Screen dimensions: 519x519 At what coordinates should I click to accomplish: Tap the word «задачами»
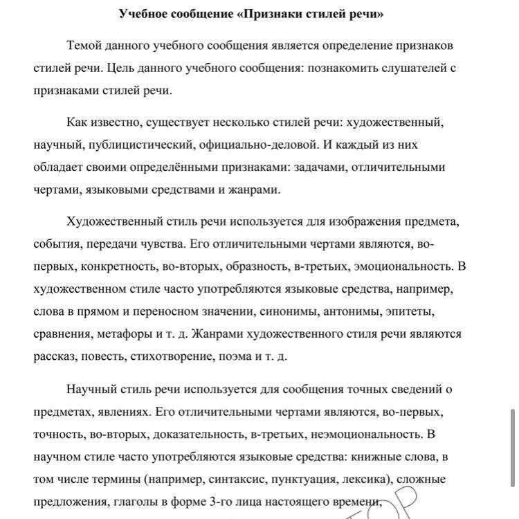pos(317,167)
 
